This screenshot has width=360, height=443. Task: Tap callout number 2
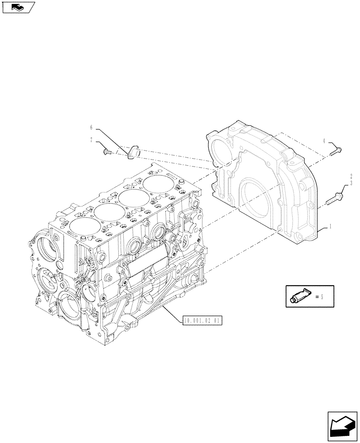tap(351, 176)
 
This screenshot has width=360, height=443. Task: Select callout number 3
tap(351, 183)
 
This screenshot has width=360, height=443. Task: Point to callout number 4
tap(324, 141)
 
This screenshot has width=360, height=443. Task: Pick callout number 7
tap(92, 140)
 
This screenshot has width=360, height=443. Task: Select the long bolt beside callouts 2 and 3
tap(335, 198)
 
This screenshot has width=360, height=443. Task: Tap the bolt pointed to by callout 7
tap(107, 152)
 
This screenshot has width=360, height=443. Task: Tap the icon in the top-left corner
tap(18, 7)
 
